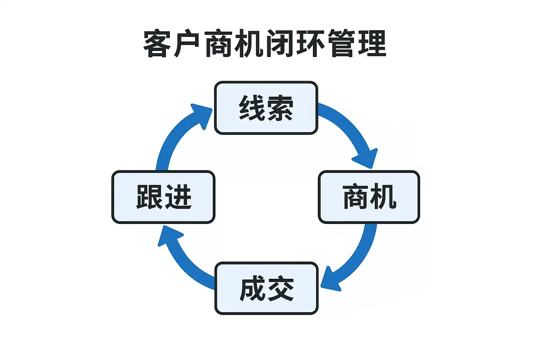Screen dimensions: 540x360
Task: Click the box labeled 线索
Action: [x=266, y=108]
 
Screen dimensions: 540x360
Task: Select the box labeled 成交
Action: [x=266, y=288]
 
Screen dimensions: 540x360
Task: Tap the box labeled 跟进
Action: [x=163, y=197]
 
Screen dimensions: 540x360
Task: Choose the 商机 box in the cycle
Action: [x=369, y=197]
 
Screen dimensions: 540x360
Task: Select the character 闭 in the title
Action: [x=279, y=44]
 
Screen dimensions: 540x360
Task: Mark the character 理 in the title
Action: [x=372, y=44]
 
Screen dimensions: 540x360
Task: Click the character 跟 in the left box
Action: [x=149, y=197]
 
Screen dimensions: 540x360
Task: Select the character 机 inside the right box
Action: [x=383, y=197]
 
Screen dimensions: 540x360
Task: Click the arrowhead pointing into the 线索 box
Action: [x=202, y=115]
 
